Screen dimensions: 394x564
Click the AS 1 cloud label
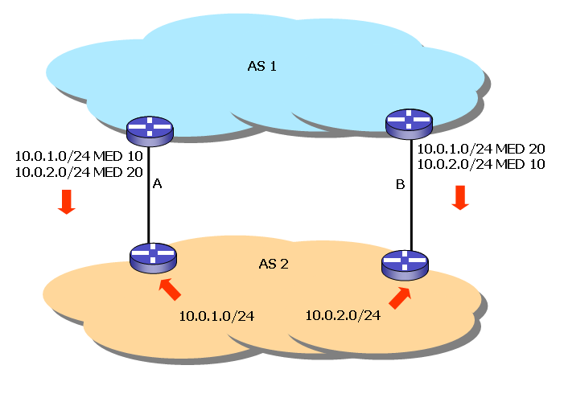[x=261, y=65]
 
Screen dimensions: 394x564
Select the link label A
[x=158, y=184]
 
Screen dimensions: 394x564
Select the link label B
[x=400, y=185]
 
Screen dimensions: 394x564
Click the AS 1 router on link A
[x=150, y=129]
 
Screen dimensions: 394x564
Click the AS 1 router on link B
[x=409, y=123]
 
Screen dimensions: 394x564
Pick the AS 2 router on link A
[x=152, y=257]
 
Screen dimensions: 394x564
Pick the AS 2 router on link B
[x=405, y=264]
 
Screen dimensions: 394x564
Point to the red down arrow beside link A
[x=67, y=202]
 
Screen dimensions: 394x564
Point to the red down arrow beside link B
[x=460, y=197]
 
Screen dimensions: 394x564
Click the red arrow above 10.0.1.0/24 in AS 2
[x=171, y=288]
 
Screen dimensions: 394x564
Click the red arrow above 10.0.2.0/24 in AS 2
[x=399, y=298]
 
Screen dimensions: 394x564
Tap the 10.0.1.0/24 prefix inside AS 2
[x=216, y=316]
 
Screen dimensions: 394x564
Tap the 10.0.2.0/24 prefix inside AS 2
[x=343, y=314]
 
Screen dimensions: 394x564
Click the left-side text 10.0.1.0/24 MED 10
[x=68, y=155]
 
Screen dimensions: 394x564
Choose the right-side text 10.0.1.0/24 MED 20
[x=482, y=149]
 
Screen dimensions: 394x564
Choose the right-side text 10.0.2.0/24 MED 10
[x=482, y=164]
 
